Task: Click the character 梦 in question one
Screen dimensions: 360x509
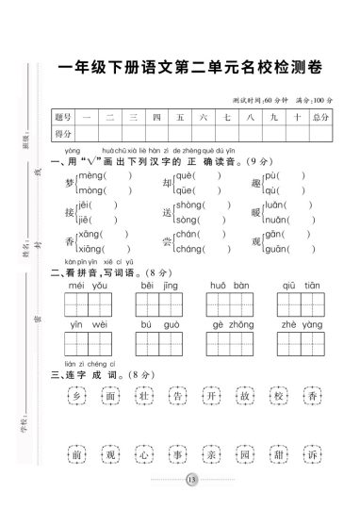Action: pos(69,182)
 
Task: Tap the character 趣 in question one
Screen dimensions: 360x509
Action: pos(257,182)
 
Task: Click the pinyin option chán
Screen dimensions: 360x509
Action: pos(190,234)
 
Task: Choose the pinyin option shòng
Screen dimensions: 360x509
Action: pos(190,205)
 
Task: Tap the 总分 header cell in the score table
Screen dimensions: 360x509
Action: pos(319,116)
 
